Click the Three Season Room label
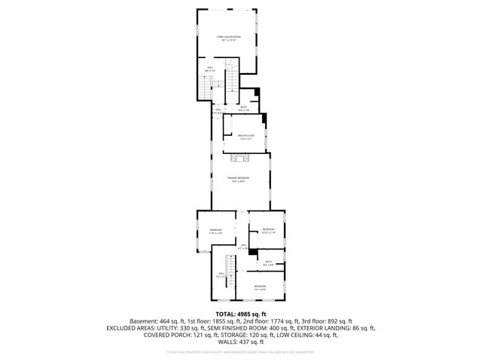click(x=229, y=38)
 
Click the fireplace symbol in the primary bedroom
click(x=240, y=158)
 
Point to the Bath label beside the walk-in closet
click(x=243, y=109)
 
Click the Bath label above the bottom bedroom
click(x=268, y=262)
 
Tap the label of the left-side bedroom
click(x=216, y=231)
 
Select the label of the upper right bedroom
click(x=268, y=231)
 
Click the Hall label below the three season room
click(x=211, y=69)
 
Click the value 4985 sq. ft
click(x=253, y=313)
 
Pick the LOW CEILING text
click(x=292, y=336)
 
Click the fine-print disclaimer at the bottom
click(x=240, y=352)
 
